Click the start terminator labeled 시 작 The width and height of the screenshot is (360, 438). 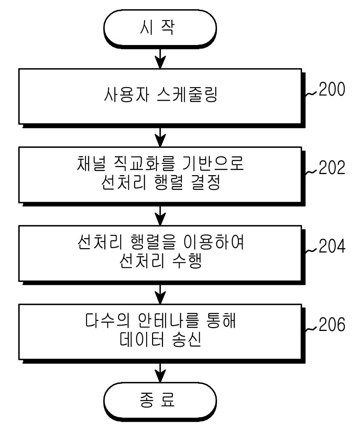coord(160,29)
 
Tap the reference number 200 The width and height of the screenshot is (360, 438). coord(332,89)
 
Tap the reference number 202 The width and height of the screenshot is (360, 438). coord(332,167)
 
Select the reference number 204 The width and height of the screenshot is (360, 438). coord(332,246)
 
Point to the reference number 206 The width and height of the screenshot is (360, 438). coord(332,324)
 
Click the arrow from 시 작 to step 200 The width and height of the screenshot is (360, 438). coord(160,59)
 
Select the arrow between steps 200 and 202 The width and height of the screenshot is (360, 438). coord(160,138)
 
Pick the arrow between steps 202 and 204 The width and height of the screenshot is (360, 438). coord(160,216)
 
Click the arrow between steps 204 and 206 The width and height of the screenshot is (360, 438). coord(160,294)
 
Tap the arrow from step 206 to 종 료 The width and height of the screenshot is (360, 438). coord(160,373)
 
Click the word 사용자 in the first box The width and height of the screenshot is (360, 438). coord(126,94)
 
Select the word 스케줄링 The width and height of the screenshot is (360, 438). coord(187,94)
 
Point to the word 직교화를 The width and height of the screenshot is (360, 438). coord(144,164)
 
